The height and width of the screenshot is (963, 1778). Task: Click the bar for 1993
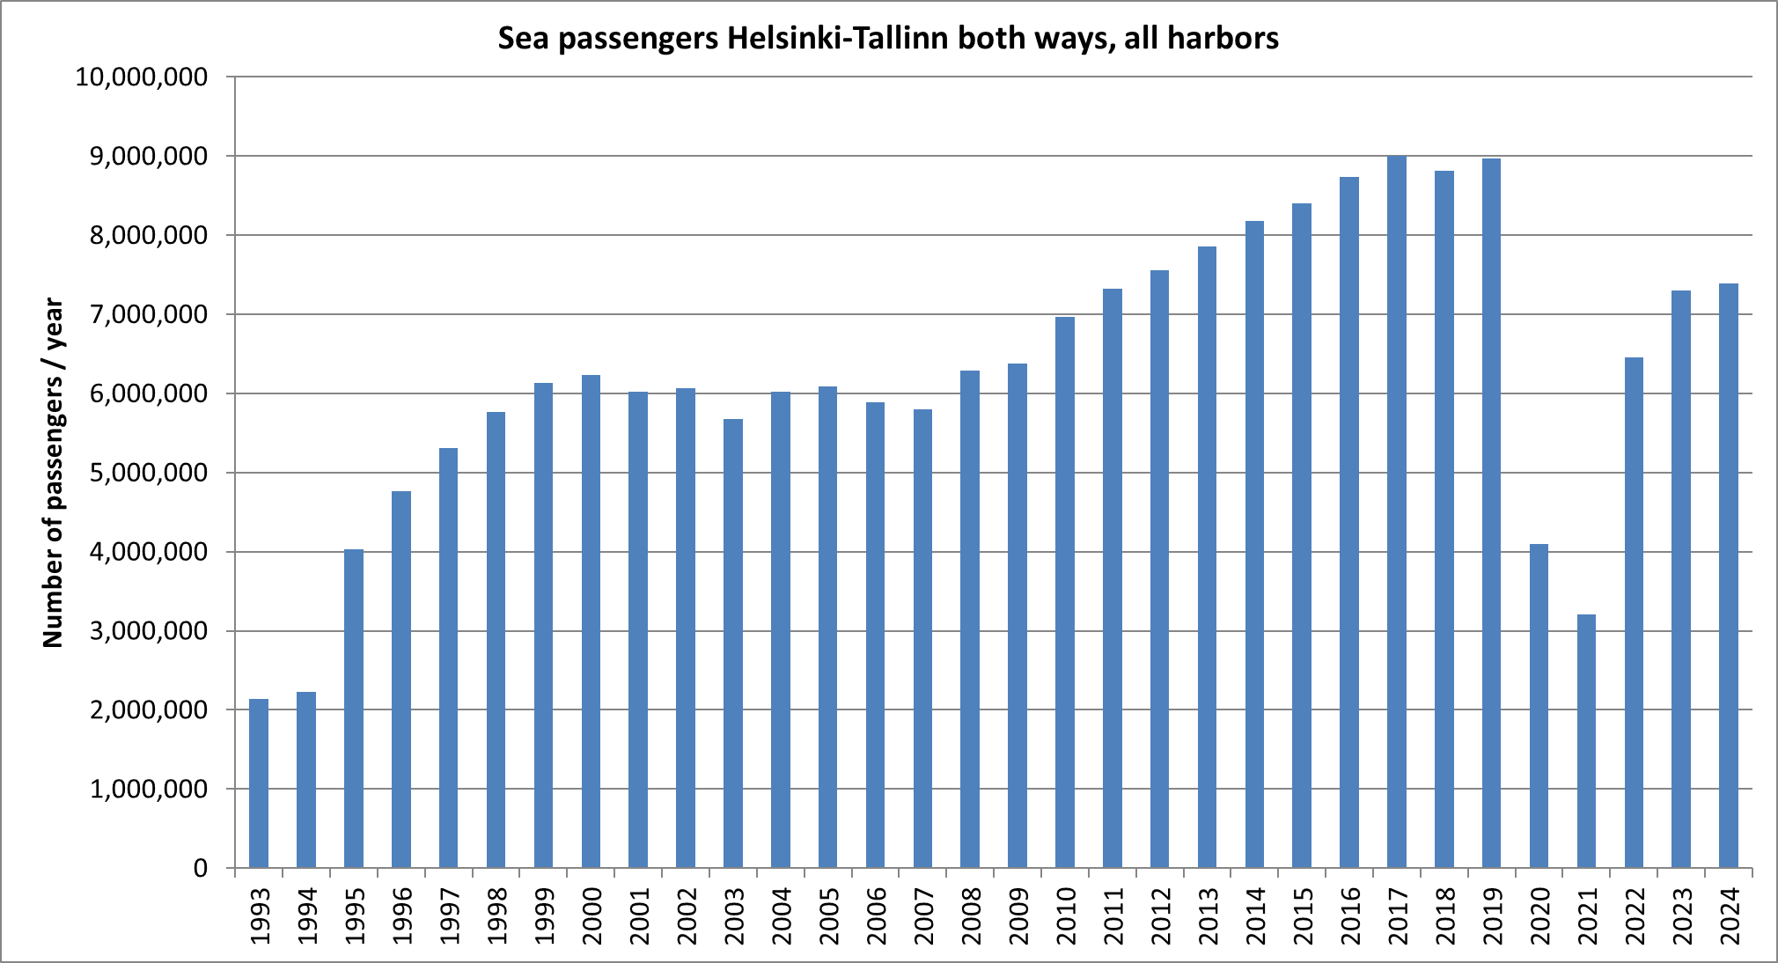coord(259,783)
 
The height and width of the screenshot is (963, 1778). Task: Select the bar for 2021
coord(1586,741)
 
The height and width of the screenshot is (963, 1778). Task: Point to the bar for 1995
coord(354,709)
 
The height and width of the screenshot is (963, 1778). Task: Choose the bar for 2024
coord(1729,576)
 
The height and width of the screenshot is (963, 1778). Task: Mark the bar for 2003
coord(733,643)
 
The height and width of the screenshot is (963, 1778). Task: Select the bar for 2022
coord(1634,613)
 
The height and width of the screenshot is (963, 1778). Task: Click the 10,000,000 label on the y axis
coord(142,77)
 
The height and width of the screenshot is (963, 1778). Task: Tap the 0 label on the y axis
coord(201,869)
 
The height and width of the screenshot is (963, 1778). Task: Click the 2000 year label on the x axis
coord(591,916)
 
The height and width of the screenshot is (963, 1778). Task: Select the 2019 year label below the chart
coord(1492,916)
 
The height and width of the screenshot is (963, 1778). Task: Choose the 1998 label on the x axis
coord(496,916)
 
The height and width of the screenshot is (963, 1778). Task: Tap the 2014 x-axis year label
coord(1255,916)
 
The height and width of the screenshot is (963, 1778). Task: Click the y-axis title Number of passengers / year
coord(53,473)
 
